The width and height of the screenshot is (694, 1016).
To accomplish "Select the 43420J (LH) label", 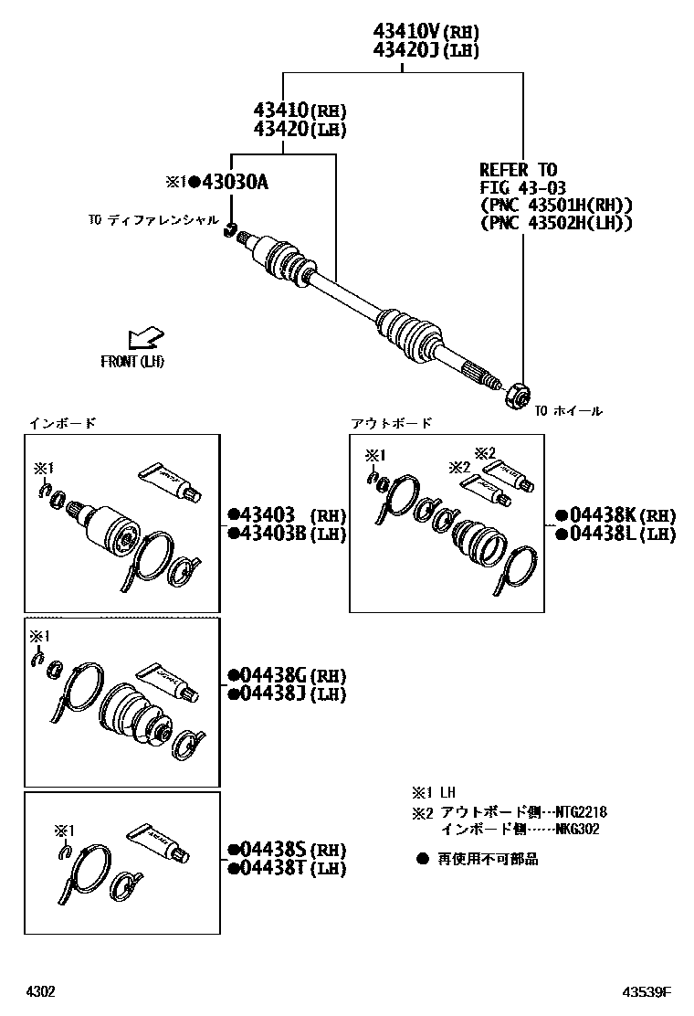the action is [426, 50].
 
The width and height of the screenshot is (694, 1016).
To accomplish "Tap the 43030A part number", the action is [235, 182].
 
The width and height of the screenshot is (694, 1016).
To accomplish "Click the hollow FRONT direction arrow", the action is [145, 337].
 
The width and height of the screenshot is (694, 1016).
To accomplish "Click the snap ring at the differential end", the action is [229, 229].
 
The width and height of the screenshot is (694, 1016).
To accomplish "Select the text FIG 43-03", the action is [522, 188].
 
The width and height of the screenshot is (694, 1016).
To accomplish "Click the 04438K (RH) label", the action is [615, 516].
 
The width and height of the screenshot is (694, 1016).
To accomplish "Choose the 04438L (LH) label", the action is [615, 534].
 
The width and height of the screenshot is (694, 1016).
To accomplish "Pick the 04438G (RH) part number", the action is [287, 676].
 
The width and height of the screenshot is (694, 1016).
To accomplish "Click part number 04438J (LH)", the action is [287, 694].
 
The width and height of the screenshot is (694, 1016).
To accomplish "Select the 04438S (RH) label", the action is [287, 850].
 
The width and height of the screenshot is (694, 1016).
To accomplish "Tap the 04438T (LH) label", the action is [287, 868].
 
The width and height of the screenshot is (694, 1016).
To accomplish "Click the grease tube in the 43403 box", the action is [170, 482].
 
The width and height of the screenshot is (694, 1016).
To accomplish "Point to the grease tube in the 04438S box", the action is [158, 843].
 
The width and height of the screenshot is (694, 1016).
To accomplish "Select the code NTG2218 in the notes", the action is [582, 811].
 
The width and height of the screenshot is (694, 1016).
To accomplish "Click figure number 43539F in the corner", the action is [647, 991].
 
